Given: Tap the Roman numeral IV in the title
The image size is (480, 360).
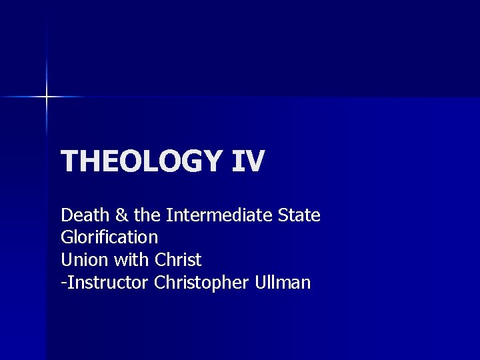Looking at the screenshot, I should click(248, 161).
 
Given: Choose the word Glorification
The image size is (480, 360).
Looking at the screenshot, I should click(109, 237).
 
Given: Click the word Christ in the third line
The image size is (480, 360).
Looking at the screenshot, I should click(178, 259).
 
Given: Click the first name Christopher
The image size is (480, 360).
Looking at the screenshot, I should click(202, 283).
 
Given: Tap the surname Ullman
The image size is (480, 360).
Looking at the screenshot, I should click(283, 283).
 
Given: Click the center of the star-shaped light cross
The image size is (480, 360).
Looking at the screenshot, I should click(47, 97).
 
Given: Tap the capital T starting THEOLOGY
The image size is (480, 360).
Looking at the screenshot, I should click(69, 161).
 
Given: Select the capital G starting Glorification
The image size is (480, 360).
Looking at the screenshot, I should click(67, 237).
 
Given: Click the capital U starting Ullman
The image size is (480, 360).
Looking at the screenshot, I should click(261, 283).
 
